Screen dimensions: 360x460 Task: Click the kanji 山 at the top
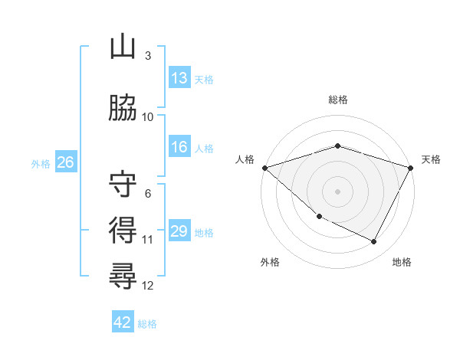(x=123, y=47)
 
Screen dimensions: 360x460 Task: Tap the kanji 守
(x=123, y=184)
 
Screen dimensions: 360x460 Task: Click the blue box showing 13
(x=179, y=78)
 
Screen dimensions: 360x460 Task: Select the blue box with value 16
(x=179, y=148)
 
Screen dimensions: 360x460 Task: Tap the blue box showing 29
(x=179, y=232)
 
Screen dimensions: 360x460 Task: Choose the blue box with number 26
(x=65, y=162)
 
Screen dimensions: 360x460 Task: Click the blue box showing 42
(x=123, y=322)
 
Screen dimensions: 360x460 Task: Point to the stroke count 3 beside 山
(x=148, y=56)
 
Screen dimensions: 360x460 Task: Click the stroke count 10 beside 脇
(x=148, y=117)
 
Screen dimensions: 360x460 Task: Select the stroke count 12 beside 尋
(x=148, y=286)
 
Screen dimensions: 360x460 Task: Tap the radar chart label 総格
(x=338, y=100)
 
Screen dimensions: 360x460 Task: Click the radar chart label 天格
(x=432, y=159)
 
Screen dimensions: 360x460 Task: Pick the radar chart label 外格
(x=270, y=262)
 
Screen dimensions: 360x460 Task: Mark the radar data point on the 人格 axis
(x=264, y=168)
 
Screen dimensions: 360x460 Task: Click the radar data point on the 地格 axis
(x=374, y=242)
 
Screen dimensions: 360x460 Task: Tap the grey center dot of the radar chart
(x=338, y=191)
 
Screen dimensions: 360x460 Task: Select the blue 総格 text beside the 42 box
(x=147, y=324)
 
